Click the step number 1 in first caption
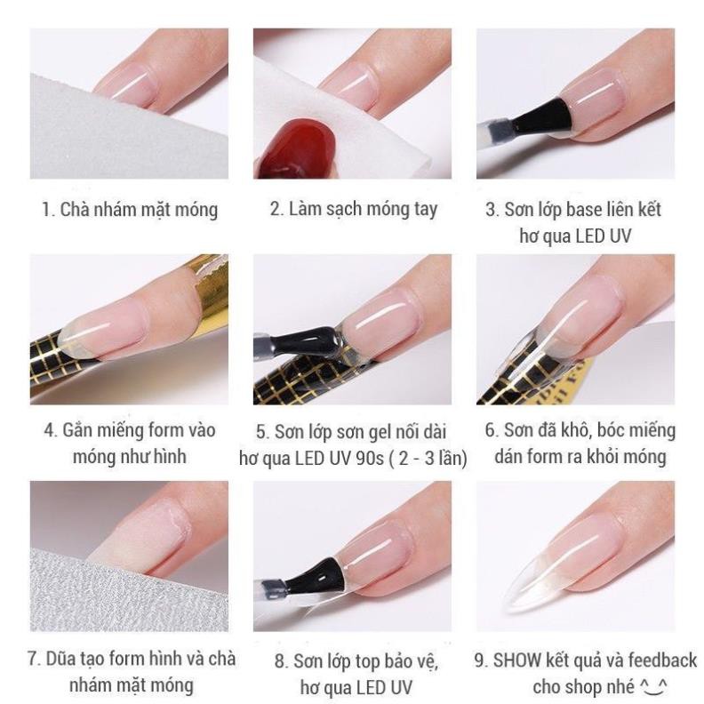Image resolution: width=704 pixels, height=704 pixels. [x=46, y=211]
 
